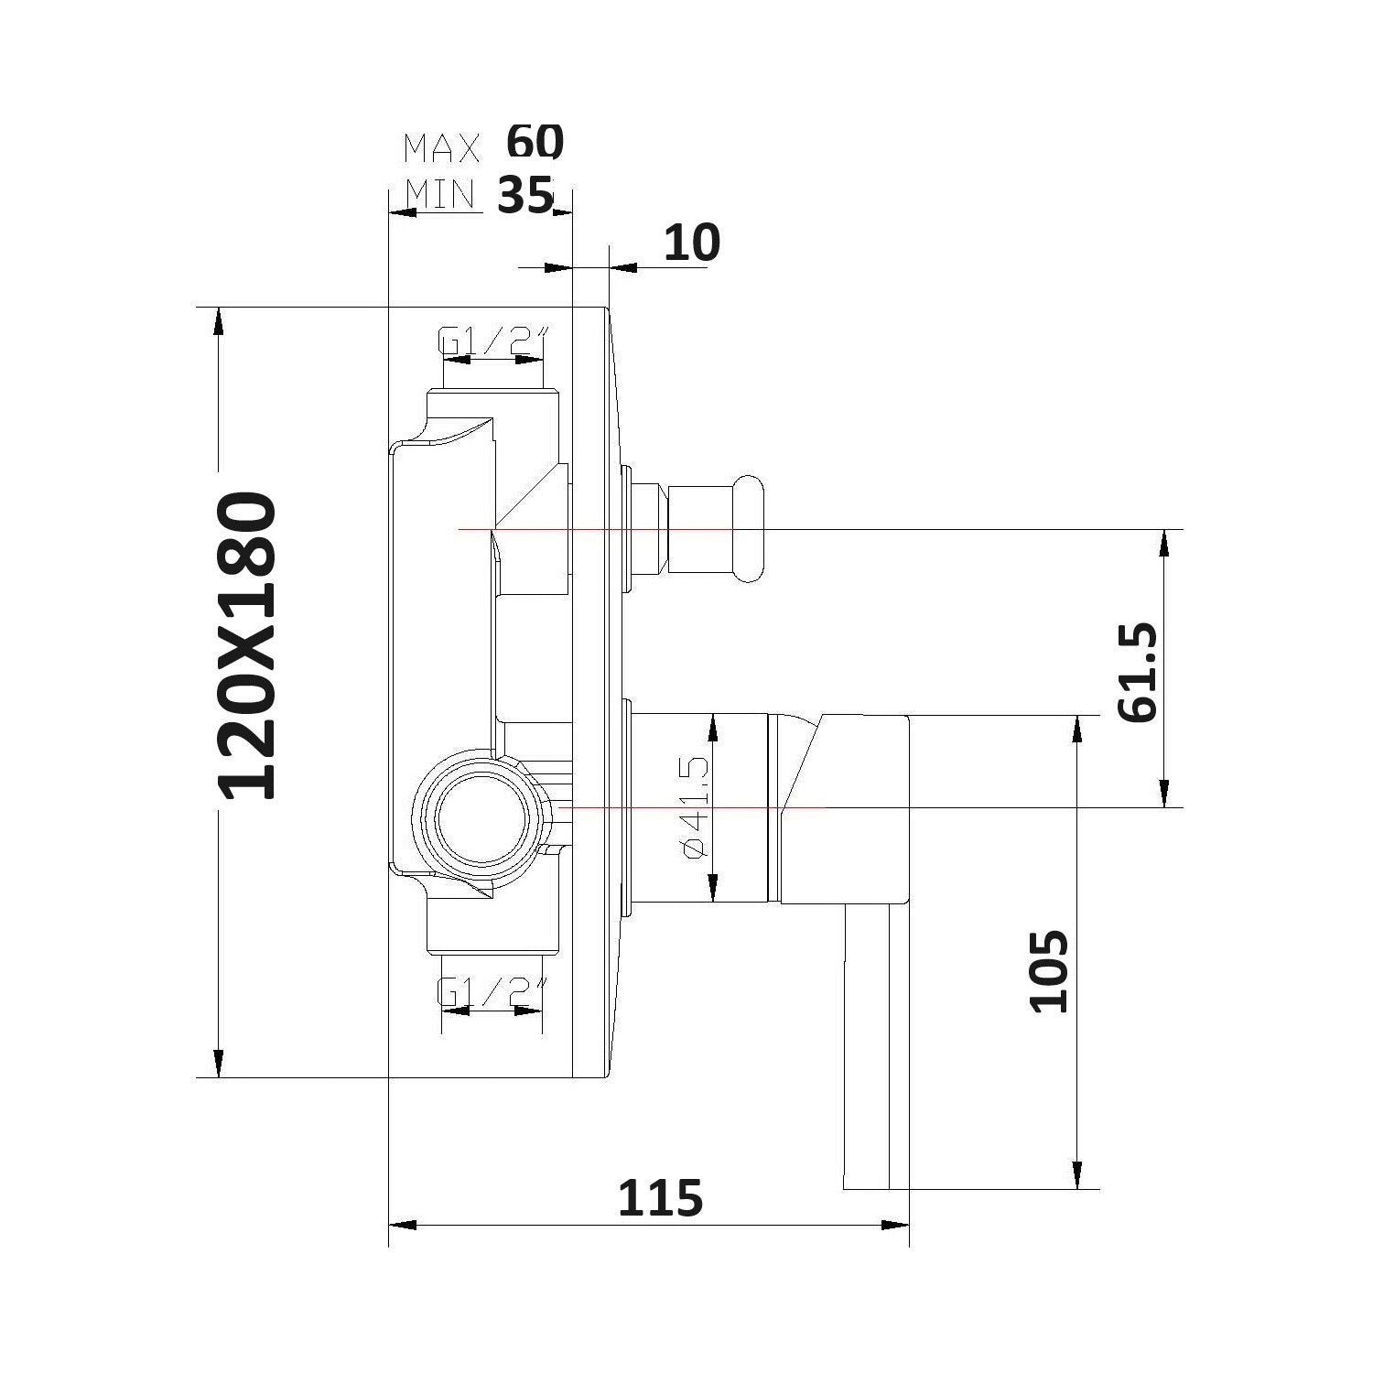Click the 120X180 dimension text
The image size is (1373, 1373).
[248, 645]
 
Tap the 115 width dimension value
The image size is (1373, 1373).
[660, 1198]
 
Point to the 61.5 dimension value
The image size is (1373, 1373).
[1139, 673]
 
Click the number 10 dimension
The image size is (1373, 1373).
[691, 243]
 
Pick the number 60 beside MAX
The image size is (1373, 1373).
[535, 142]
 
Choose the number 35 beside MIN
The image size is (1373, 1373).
[525, 194]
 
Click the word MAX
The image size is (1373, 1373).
[442, 146]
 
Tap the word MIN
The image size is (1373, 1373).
[440, 194]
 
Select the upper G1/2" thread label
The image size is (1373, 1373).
[492, 341]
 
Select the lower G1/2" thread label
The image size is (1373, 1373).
[492, 990]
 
